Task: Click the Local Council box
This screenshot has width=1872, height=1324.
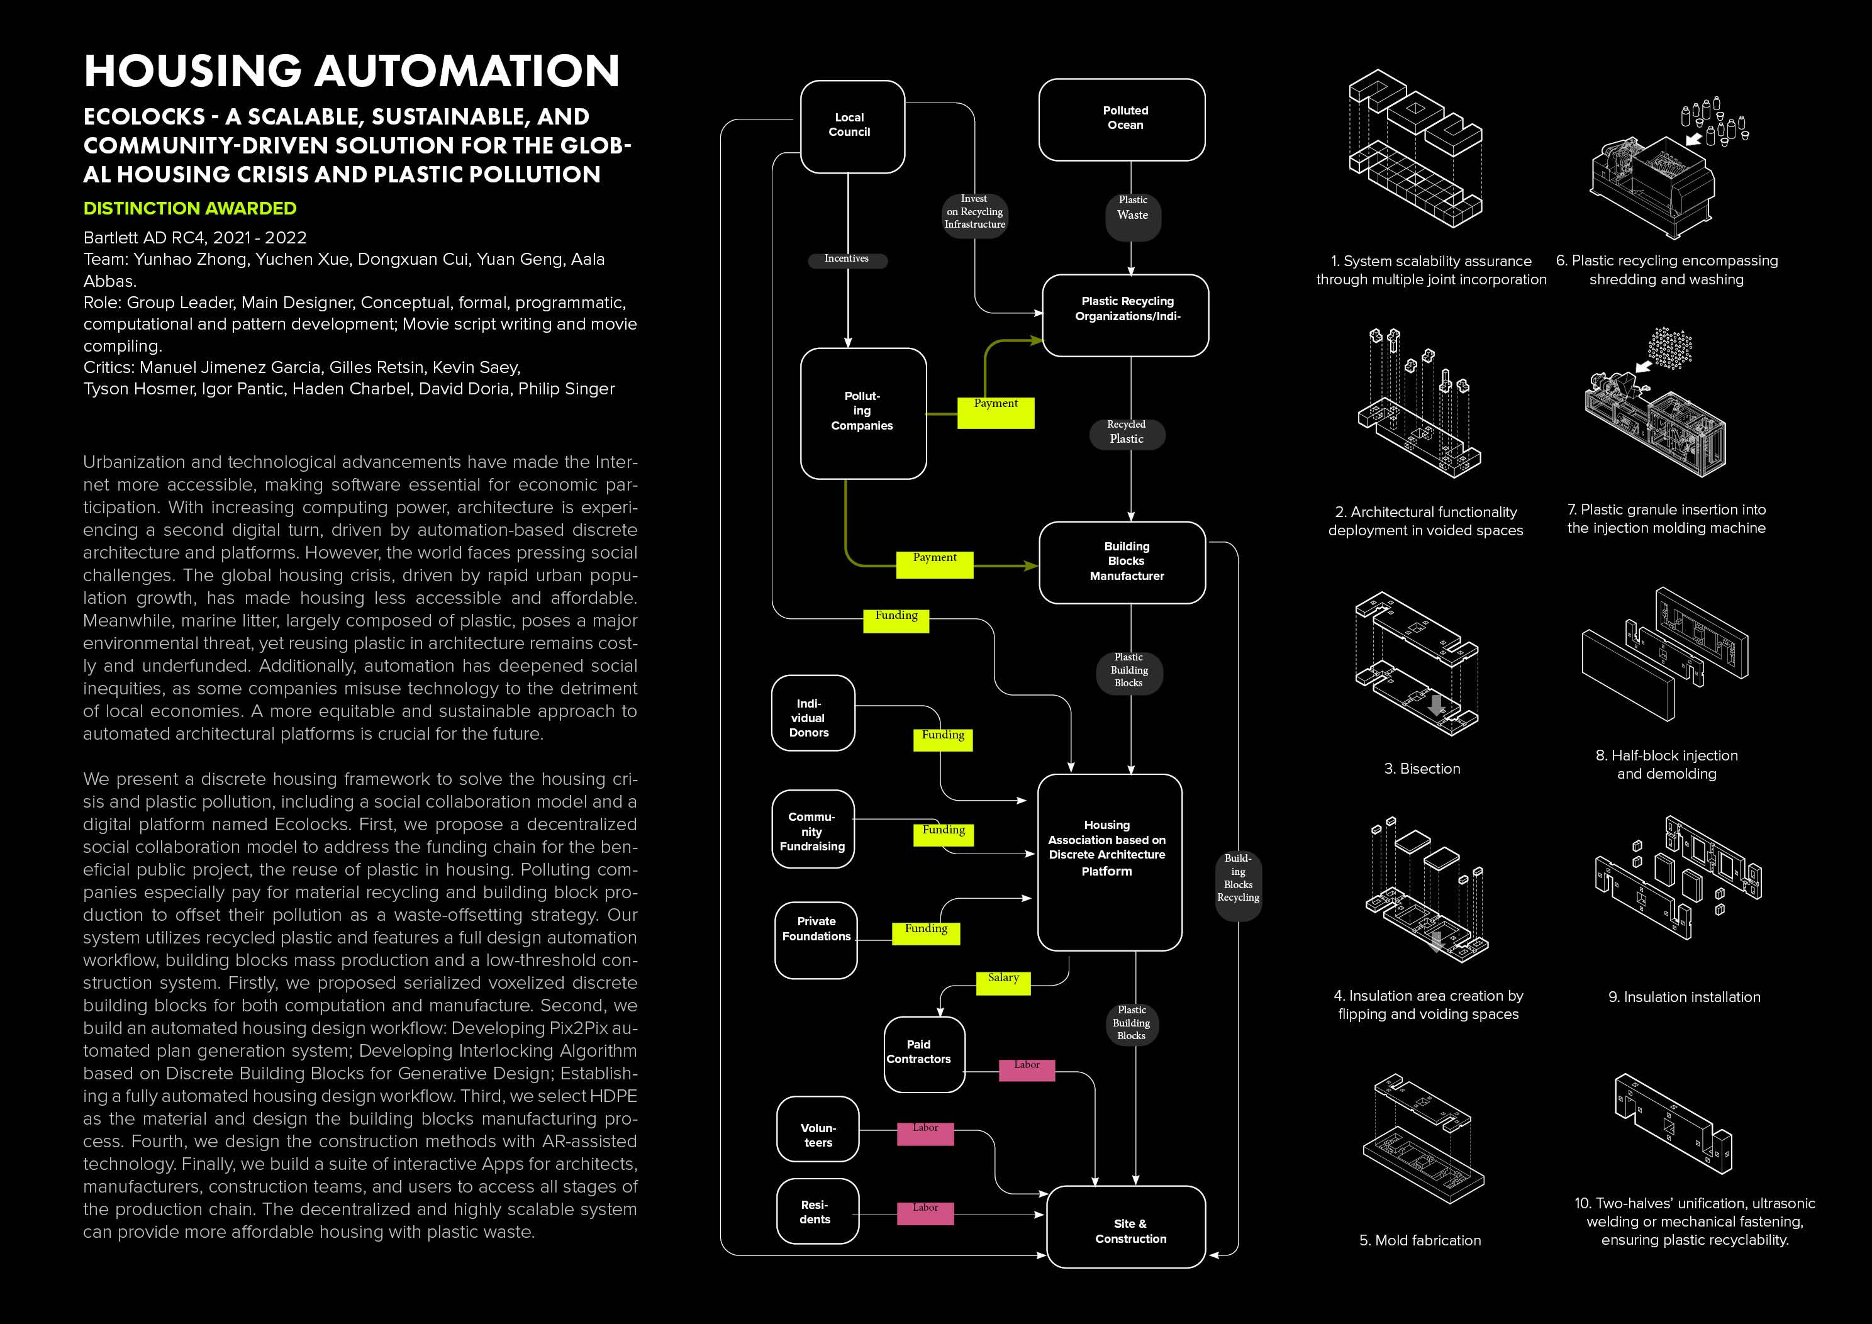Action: pyautogui.click(x=852, y=126)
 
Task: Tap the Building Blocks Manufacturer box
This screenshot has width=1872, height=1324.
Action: pyautogui.click(x=1122, y=562)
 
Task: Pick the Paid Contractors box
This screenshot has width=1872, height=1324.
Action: pyautogui.click(x=924, y=1054)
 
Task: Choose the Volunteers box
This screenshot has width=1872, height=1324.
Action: pyautogui.click(x=817, y=1129)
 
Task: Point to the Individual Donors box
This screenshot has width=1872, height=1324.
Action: pyautogui.click(x=812, y=713)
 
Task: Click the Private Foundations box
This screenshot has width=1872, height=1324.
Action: pyautogui.click(x=815, y=939)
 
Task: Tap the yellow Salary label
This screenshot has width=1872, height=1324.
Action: pyautogui.click(x=1003, y=982)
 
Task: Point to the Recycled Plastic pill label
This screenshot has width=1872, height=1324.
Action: pyautogui.click(x=1127, y=433)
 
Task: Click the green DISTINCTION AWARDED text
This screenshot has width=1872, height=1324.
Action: pyautogui.click(x=190, y=209)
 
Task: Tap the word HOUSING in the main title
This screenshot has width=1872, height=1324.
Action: pyautogui.click(x=193, y=71)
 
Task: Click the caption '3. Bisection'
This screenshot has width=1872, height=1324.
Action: pyautogui.click(x=1422, y=769)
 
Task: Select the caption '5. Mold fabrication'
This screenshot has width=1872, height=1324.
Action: pyautogui.click(x=1420, y=1240)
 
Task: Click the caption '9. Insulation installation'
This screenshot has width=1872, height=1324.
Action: pyautogui.click(x=1684, y=997)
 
